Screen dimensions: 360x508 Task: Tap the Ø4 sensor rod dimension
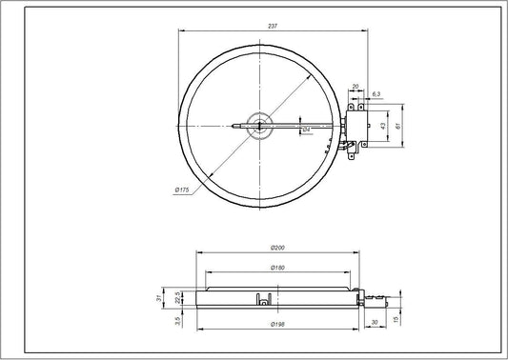pyautogui.click(x=306, y=129)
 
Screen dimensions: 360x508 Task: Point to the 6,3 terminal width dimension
pyautogui.click(x=376, y=93)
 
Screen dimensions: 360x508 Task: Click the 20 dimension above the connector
pyautogui.click(x=356, y=87)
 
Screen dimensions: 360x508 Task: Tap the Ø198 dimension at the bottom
pyautogui.click(x=278, y=324)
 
